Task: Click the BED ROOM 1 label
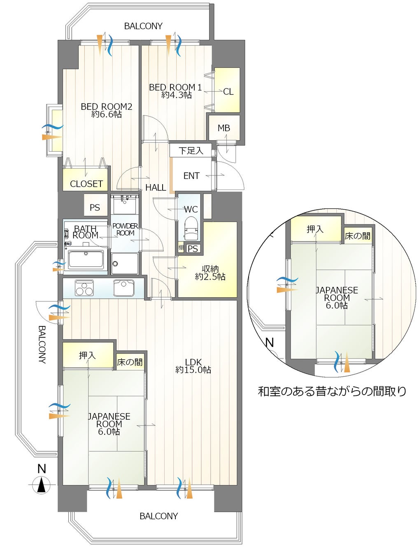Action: click(x=175, y=91)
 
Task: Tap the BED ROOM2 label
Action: click(x=107, y=110)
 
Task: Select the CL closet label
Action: click(x=228, y=92)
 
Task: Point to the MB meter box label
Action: click(x=223, y=128)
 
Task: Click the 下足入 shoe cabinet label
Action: click(x=191, y=151)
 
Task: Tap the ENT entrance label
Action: click(x=191, y=176)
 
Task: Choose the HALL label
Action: click(x=156, y=187)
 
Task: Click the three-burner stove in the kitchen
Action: click(x=84, y=287)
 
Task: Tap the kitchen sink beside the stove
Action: click(x=123, y=287)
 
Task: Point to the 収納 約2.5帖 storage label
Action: click(x=210, y=273)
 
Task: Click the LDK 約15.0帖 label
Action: click(x=193, y=366)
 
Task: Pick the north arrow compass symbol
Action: click(x=42, y=484)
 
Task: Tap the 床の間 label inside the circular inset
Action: click(x=357, y=236)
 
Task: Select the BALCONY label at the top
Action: click(x=143, y=26)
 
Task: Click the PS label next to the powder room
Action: click(x=95, y=208)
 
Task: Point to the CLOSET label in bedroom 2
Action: click(x=86, y=184)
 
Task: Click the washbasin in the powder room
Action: click(x=124, y=204)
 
